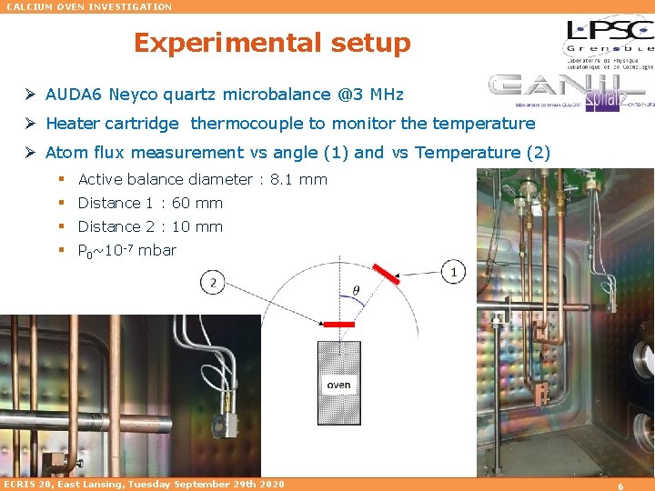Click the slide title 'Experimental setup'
point(272,43)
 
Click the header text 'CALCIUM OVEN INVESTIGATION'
point(89,6)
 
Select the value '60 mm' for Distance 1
point(197,203)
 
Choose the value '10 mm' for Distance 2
point(197,226)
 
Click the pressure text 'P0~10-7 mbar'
point(127,250)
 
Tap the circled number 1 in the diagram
point(453,272)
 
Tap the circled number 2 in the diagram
point(213,282)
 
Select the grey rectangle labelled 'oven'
point(338,383)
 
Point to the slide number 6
point(620,486)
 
